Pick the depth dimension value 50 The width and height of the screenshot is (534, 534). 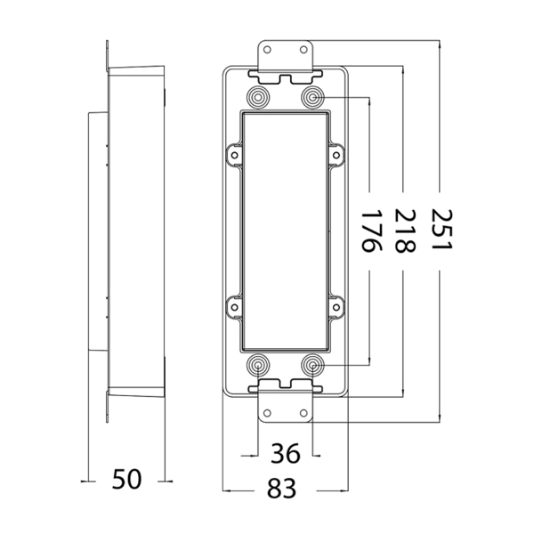pyautogui.click(x=127, y=480)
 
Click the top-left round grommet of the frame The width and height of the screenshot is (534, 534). pyautogui.click(x=259, y=96)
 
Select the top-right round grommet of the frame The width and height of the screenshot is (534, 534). pyautogui.click(x=312, y=96)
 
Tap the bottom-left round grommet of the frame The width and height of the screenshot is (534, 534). pyautogui.click(x=259, y=364)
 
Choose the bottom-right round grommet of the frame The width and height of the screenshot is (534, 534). pyautogui.click(x=312, y=364)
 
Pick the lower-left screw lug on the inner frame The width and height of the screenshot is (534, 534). pyautogui.click(x=234, y=307)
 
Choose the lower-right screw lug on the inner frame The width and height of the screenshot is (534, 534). pyautogui.click(x=337, y=307)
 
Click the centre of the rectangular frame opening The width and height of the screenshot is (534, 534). pyautogui.click(x=286, y=231)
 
